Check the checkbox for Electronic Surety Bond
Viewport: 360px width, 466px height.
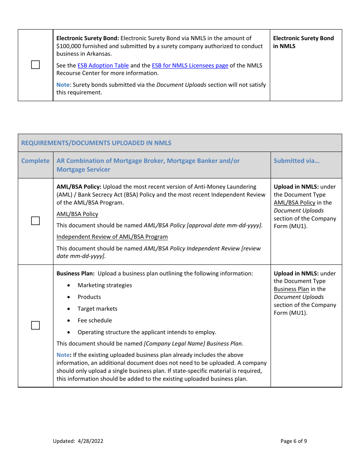[x=35, y=65]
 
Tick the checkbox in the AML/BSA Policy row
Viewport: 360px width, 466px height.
[x=35, y=221]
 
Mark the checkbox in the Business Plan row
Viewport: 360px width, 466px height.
[x=35, y=325]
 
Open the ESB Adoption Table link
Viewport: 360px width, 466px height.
[x=103, y=66]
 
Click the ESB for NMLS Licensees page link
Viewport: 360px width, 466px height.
[x=190, y=66]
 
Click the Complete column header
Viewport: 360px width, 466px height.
[x=35, y=161]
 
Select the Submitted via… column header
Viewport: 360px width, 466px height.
[x=296, y=161]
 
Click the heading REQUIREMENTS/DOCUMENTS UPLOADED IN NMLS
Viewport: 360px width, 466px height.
[x=96, y=143]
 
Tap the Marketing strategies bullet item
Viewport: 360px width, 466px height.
[x=105, y=285]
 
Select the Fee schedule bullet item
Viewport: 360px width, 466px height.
[x=95, y=321]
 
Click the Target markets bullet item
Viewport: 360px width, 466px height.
[x=97, y=309]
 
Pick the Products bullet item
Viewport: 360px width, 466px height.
[x=89, y=297]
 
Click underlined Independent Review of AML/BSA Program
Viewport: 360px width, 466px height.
[x=112, y=237]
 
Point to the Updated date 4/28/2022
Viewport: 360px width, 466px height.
[x=91, y=441]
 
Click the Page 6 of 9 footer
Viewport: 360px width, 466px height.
[x=294, y=441]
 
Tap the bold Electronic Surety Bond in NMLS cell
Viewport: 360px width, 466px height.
[x=303, y=42]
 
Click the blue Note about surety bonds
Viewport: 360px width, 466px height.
[x=63, y=85]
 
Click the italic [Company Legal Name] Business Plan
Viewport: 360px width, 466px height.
[x=193, y=344]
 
